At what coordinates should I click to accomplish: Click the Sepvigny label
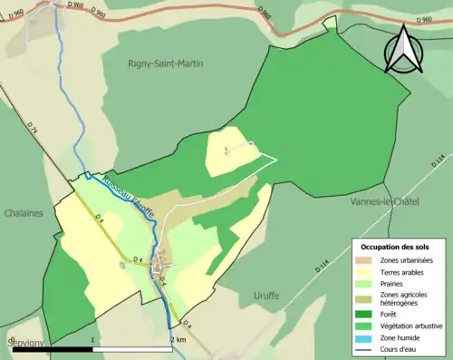click(24, 342)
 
